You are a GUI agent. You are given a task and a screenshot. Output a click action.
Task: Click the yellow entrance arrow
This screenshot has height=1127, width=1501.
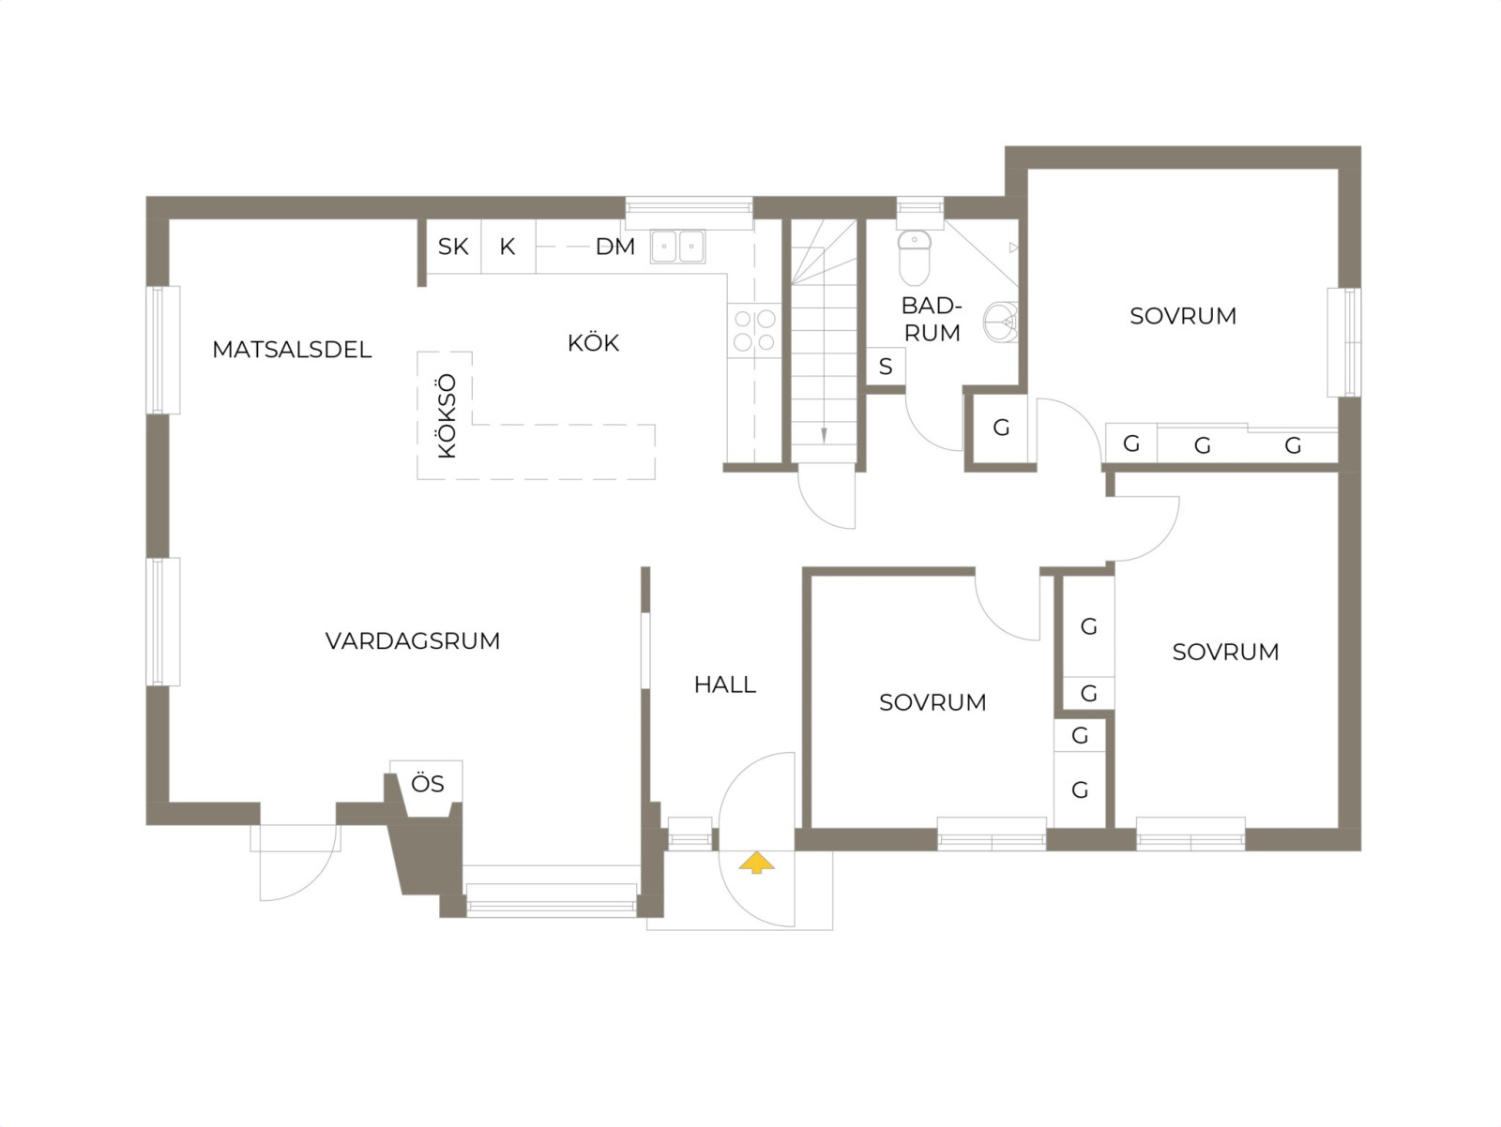click(756, 863)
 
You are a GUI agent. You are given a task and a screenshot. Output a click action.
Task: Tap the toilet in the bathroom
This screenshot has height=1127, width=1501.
click(915, 258)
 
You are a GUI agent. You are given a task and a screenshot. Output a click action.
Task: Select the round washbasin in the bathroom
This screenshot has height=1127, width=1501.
click(1000, 322)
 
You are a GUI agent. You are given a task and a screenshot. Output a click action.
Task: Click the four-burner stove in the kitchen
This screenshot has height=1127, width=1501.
click(754, 330)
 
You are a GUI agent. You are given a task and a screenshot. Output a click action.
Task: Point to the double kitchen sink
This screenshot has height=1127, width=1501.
click(677, 246)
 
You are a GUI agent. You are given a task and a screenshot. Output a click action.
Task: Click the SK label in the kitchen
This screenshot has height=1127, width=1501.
click(453, 247)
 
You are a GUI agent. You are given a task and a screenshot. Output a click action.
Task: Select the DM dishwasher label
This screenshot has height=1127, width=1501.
click(614, 247)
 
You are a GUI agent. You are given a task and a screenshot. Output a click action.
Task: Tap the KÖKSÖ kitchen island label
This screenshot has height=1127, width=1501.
click(446, 415)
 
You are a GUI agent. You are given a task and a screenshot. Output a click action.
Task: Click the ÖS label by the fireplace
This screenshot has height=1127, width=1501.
click(428, 783)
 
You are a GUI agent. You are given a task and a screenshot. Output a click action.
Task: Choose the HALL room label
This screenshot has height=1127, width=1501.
click(725, 684)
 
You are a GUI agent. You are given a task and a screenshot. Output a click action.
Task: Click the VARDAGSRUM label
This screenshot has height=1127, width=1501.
click(413, 641)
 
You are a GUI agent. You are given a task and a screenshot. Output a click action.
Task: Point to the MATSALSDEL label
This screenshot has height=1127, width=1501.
click(292, 350)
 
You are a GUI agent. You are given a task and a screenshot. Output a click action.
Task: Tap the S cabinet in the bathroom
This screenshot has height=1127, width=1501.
click(886, 367)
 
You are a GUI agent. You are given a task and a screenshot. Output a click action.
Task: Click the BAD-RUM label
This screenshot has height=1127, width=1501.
click(932, 319)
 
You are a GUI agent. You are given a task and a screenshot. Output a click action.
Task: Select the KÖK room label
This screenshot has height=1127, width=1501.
click(593, 342)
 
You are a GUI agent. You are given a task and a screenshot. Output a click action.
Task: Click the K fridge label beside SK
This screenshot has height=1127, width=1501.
click(507, 247)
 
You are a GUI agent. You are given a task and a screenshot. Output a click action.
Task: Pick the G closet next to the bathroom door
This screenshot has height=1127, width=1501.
click(1000, 428)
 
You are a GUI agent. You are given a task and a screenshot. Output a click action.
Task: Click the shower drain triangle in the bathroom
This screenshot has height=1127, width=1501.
click(1013, 248)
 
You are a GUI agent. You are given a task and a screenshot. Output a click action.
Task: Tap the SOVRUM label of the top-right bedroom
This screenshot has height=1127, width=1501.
click(1183, 316)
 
